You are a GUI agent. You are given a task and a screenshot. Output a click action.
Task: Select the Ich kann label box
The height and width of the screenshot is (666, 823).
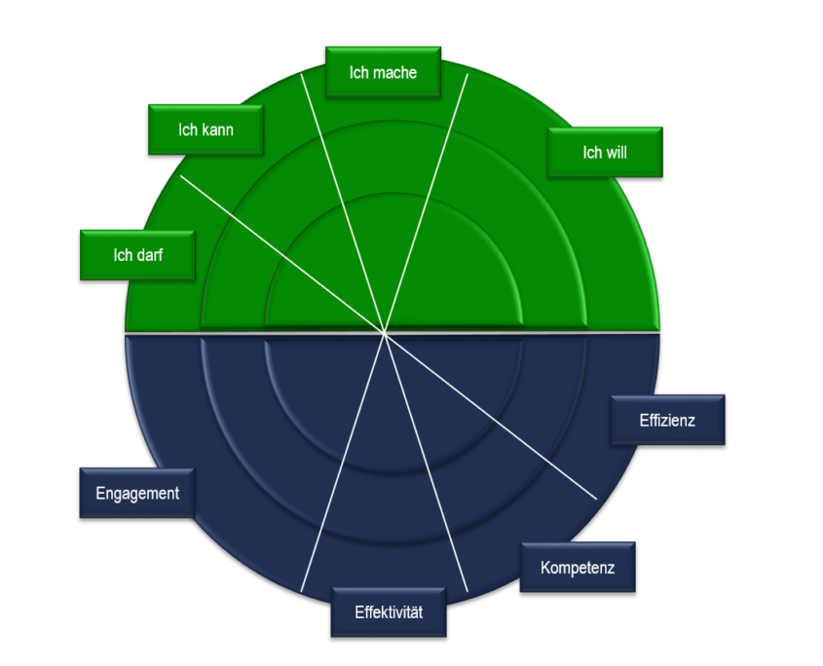point(206,129)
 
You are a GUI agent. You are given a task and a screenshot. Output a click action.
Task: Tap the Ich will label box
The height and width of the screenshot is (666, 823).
point(605,152)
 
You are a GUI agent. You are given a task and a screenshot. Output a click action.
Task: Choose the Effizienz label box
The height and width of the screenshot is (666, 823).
point(667,420)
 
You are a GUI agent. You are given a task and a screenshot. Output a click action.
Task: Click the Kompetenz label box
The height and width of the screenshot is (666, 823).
point(578,567)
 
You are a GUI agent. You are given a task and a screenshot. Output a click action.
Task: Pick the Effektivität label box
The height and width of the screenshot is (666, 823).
point(389,611)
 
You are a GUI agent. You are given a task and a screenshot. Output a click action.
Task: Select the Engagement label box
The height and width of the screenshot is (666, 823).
point(137,494)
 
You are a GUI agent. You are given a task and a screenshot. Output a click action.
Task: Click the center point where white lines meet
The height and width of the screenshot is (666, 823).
point(385,333)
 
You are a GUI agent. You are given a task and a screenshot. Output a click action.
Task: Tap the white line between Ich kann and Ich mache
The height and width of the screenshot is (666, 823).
point(343,203)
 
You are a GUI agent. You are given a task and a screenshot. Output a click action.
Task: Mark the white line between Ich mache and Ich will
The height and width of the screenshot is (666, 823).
point(427,203)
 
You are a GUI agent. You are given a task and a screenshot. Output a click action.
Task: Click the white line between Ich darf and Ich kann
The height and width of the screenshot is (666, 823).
point(282,254)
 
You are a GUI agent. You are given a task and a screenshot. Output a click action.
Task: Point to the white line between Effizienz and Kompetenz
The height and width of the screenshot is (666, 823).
point(491,416)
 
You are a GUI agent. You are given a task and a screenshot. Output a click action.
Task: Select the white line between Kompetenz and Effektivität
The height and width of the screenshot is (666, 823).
point(427,462)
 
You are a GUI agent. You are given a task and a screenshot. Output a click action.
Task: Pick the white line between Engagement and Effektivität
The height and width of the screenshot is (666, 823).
point(343,462)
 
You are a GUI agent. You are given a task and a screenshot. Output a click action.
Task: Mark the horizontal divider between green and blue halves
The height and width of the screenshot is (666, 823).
point(393,333)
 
